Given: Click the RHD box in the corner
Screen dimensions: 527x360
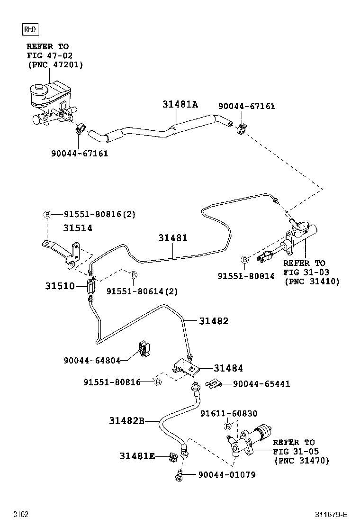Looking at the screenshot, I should coord(31,30).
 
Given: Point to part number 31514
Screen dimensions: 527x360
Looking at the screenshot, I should coord(78,228).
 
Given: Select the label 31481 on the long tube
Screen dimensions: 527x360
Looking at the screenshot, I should coord(173,238).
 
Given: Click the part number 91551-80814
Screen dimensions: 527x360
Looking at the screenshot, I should coord(246,276).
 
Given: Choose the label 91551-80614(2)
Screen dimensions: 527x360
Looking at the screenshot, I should coord(142,291).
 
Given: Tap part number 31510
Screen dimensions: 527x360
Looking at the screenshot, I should coord(60,286).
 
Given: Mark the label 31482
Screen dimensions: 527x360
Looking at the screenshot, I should coord(214,321).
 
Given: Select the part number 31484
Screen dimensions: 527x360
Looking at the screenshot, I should coord(228,368).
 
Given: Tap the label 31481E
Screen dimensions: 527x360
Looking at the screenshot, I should coord(137,456).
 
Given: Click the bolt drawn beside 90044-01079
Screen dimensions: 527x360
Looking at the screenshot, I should coord(179,474).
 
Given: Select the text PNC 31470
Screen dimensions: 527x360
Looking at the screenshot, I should coord(301,460).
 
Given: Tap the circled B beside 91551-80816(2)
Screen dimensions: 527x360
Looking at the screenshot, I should coord(47,214).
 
